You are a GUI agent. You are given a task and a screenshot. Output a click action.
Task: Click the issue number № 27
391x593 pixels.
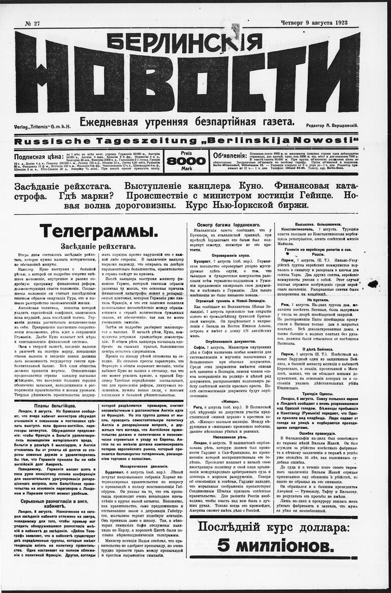click(32, 23)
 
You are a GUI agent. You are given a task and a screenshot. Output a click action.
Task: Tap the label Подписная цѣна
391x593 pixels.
click(38, 157)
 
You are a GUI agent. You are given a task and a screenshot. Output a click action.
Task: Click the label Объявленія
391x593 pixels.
click(234, 156)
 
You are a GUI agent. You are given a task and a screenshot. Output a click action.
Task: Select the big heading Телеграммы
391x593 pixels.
click(99, 231)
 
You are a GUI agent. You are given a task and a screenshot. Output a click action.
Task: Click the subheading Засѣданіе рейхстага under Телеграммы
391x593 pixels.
click(99, 246)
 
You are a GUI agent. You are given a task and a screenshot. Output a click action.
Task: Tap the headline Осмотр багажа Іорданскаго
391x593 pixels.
click(229, 224)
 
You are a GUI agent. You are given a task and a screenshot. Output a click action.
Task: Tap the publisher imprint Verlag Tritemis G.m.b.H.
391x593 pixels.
click(43, 125)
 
